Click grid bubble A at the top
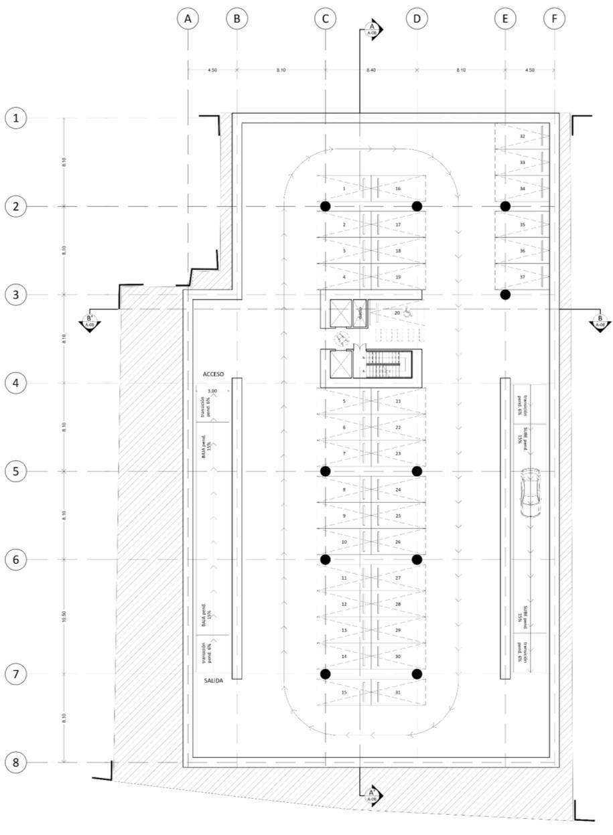point(188,19)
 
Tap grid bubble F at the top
point(554,19)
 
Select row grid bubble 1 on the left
point(15,119)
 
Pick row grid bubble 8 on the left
point(15,762)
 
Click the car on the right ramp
point(530,492)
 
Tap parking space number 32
point(523,136)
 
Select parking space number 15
point(344,692)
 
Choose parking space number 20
point(397,313)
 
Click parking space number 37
point(523,277)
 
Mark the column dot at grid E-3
point(505,295)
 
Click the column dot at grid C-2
point(325,206)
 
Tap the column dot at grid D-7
point(417,674)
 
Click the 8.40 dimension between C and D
point(370,70)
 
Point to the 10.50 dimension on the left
point(64,617)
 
